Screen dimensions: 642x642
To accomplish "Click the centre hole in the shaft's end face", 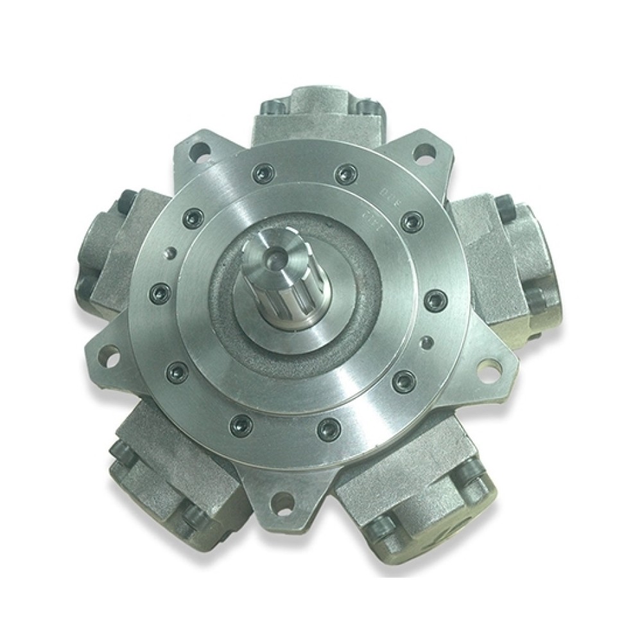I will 275,257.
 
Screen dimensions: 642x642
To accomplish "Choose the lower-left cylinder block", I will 170,475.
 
